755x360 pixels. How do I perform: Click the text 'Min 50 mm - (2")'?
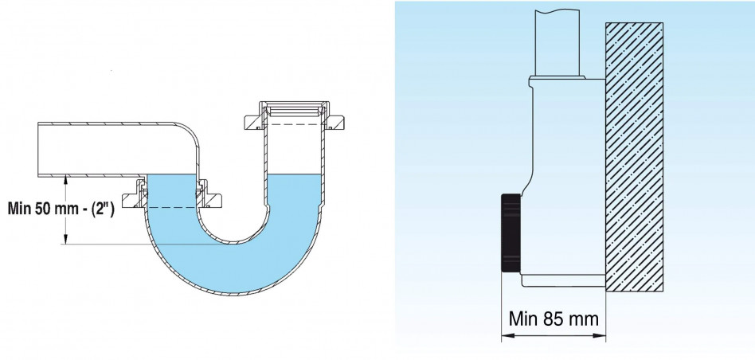click(61, 209)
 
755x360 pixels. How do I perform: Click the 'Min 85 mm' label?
click(554, 319)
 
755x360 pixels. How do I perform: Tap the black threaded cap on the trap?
click(511, 233)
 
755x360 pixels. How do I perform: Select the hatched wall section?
click(634, 157)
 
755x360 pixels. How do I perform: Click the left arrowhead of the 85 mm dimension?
click(507, 335)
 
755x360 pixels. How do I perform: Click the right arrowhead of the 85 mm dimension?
click(600, 335)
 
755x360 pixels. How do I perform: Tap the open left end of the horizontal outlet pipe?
click(38, 150)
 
